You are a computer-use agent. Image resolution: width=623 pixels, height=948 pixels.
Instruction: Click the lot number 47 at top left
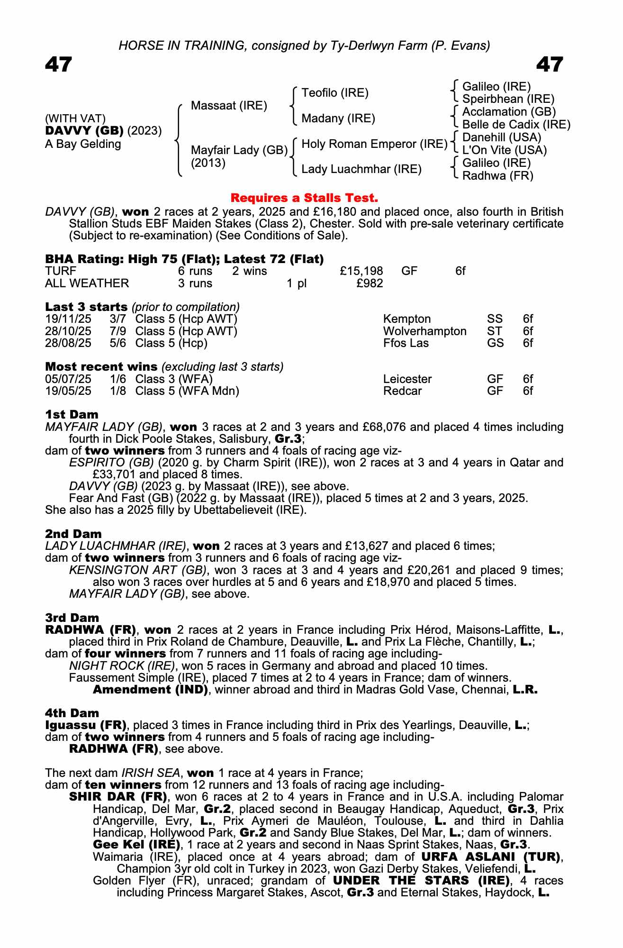[x=59, y=64]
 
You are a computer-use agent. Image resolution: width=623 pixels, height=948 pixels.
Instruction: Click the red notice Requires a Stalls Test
[x=304, y=198]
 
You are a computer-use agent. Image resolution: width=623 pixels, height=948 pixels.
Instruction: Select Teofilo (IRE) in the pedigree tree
[x=335, y=93]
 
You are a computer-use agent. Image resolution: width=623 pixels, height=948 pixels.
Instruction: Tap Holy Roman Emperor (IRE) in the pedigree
[x=374, y=144]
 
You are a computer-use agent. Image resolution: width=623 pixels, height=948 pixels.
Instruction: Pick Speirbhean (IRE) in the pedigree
[x=508, y=99]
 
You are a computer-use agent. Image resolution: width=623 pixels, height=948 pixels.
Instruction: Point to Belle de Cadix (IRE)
[x=516, y=125]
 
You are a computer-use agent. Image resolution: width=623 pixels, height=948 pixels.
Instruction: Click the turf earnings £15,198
[x=361, y=271]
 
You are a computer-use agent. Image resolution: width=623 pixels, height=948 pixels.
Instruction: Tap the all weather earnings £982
[x=370, y=283]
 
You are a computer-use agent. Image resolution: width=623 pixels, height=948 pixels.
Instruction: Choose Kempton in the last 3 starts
[x=407, y=319]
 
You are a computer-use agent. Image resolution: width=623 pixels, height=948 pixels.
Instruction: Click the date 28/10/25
[x=68, y=331]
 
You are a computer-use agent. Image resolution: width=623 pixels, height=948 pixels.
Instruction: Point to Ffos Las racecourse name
[x=406, y=343]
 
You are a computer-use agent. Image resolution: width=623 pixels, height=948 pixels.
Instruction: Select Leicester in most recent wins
[x=407, y=379]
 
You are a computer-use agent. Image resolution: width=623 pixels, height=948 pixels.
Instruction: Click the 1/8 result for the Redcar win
[x=118, y=391]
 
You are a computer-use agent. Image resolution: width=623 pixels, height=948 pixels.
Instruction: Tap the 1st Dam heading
[x=72, y=415]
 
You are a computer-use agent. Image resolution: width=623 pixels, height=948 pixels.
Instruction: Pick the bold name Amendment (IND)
[x=150, y=690]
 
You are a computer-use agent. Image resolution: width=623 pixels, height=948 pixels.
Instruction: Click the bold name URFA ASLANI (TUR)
[x=490, y=857]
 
